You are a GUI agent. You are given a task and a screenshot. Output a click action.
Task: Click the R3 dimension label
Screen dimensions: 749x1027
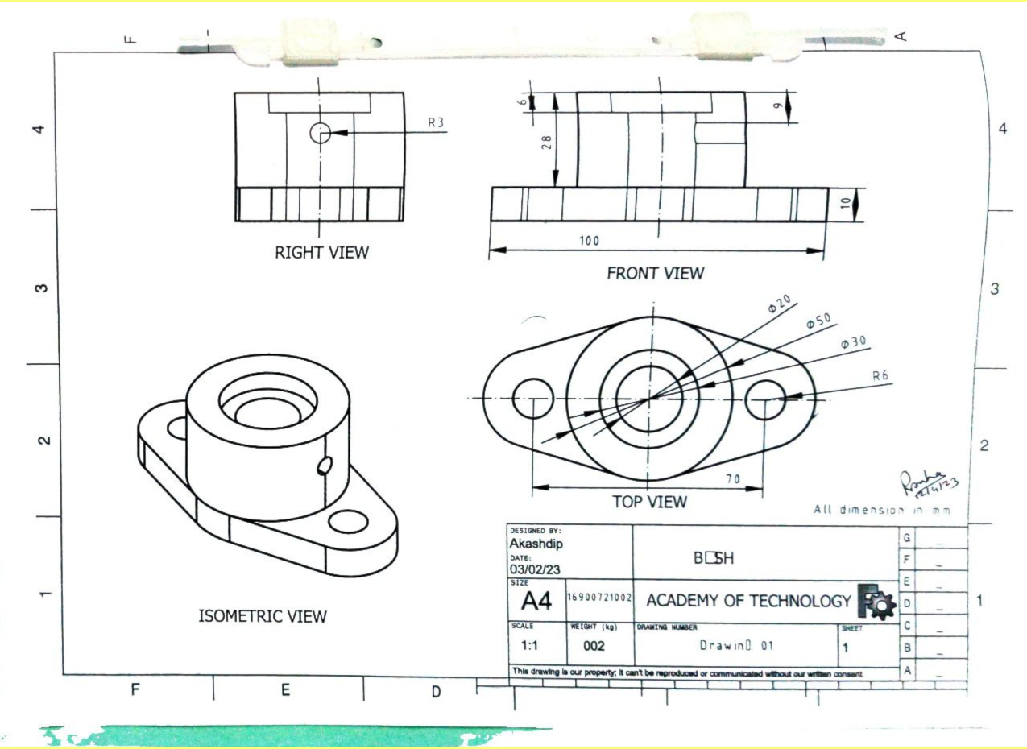pyautogui.click(x=436, y=123)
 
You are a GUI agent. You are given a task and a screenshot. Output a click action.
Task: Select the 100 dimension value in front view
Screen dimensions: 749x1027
pyautogui.click(x=589, y=241)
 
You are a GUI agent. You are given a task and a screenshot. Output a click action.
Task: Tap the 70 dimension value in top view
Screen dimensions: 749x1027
pyautogui.click(x=732, y=479)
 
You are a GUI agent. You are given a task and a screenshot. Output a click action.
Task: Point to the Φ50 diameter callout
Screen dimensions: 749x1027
pyautogui.click(x=818, y=321)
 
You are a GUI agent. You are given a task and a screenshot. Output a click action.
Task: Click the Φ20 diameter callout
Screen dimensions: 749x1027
pyautogui.click(x=780, y=303)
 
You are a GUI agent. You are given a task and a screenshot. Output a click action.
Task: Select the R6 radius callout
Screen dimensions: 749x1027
pyautogui.click(x=881, y=375)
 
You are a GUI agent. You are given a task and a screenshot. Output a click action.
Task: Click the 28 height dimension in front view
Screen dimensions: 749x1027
pyautogui.click(x=547, y=143)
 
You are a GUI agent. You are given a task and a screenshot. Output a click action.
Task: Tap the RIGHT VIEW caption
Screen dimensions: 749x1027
pyautogui.click(x=321, y=253)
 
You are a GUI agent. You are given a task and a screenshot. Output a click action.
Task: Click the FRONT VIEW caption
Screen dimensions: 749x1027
pyautogui.click(x=655, y=274)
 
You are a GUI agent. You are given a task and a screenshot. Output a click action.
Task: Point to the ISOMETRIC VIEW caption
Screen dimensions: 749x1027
pyautogui.click(x=263, y=617)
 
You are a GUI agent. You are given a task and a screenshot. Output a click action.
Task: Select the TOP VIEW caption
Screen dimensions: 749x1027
pyautogui.click(x=649, y=503)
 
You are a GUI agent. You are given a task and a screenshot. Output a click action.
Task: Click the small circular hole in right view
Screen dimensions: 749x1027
pyautogui.click(x=321, y=133)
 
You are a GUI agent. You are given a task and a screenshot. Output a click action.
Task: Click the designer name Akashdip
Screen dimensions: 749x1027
pyautogui.click(x=536, y=544)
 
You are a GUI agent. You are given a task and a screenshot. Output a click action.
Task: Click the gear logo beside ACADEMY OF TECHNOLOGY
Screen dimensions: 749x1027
pyautogui.click(x=876, y=602)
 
